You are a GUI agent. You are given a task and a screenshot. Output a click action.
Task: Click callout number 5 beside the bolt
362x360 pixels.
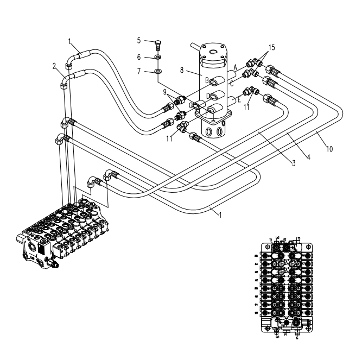[x=139, y=41]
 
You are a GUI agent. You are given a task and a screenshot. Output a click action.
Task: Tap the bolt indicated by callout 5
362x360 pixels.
[x=157, y=43]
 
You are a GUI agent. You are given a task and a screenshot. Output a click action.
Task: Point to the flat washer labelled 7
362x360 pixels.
[x=157, y=71]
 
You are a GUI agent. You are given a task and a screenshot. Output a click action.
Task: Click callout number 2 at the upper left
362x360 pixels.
[x=55, y=66]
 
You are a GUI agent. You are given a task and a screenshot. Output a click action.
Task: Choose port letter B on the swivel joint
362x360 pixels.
[x=206, y=80]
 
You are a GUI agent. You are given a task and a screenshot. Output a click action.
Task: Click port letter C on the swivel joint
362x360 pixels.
[x=232, y=82]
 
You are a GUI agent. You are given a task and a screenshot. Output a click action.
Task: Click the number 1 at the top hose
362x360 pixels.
[x=69, y=40]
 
